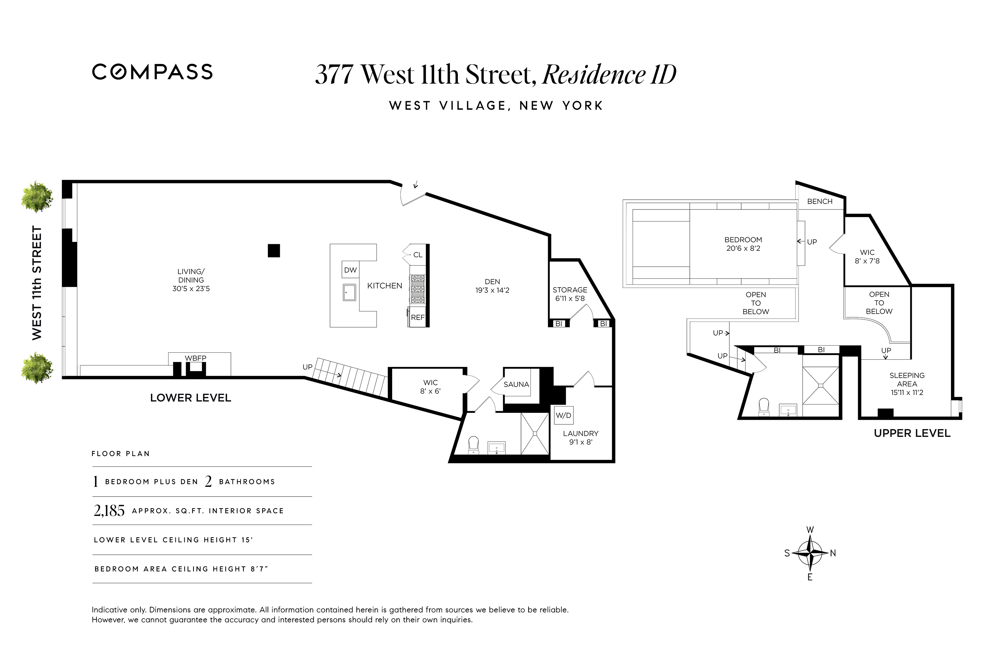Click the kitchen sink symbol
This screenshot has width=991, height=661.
[349, 292]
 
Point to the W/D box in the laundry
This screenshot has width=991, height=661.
[563, 415]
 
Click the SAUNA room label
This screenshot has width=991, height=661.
[516, 384]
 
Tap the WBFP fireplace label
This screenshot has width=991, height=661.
[196, 358]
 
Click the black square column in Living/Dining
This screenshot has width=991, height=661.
[274, 251]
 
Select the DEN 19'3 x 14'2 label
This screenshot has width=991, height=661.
[492, 286]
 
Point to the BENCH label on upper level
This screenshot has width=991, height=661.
[820, 202]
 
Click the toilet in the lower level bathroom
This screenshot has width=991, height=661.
[474, 444]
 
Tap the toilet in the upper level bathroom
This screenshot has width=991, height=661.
[763, 407]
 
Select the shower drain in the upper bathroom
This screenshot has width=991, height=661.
[821, 385]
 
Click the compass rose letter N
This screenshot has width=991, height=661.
[832, 554]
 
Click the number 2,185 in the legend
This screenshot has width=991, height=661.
[109, 511]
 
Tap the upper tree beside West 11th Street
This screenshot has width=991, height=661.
[37, 197]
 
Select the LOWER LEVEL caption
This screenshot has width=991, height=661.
[191, 398]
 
